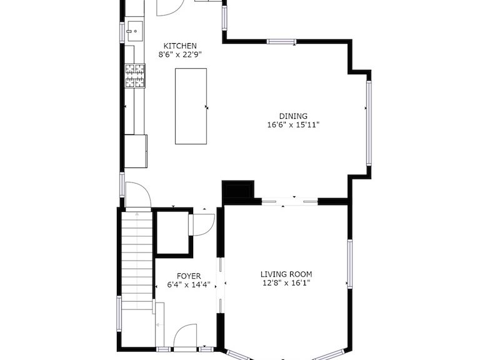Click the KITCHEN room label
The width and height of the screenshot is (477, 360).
(x=180, y=46)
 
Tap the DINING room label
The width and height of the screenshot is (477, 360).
(x=293, y=116)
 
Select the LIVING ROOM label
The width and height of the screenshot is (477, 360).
(x=286, y=274)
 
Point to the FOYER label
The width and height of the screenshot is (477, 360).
(x=189, y=276)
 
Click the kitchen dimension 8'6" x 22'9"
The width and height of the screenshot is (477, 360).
(x=180, y=55)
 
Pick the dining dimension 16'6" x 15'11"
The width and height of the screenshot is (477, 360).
(x=293, y=124)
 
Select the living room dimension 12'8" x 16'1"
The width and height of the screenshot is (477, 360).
(x=286, y=283)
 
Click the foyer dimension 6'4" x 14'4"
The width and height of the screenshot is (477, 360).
(x=189, y=285)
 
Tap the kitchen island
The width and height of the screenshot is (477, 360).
(x=191, y=106)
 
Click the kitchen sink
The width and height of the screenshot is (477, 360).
(x=135, y=31)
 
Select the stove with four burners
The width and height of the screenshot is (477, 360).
(x=135, y=76)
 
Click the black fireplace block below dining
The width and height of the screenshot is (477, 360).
(x=238, y=189)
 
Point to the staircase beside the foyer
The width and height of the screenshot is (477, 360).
(x=137, y=261)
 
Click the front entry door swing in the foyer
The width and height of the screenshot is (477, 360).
(x=186, y=336)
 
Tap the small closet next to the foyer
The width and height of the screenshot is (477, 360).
(x=173, y=233)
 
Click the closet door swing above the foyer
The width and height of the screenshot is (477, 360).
(x=202, y=225)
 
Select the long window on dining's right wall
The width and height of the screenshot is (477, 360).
(x=369, y=123)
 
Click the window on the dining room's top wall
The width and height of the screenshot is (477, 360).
(x=281, y=42)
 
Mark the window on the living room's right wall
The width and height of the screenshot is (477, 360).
(x=350, y=264)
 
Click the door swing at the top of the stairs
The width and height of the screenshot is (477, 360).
(x=138, y=194)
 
